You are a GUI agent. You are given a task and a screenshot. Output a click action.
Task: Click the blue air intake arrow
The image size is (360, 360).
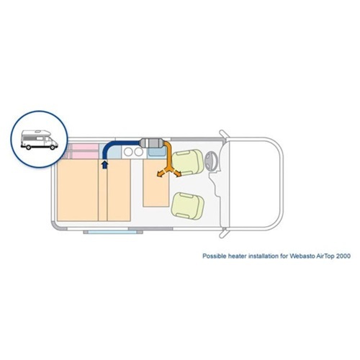tap(104, 165)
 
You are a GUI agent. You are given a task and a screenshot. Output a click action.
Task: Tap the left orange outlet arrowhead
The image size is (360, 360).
tap(159, 175)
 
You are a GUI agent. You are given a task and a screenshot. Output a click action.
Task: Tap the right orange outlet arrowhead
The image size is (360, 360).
tap(178, 174)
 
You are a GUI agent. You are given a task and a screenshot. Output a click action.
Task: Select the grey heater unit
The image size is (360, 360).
tap(151, 143)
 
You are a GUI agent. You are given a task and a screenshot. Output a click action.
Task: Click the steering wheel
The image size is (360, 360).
tap(211, 161)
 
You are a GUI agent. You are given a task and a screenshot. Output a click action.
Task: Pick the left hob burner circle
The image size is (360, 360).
tap(129, 152)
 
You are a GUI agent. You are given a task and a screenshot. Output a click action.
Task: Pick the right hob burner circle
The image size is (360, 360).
tap(138, 152)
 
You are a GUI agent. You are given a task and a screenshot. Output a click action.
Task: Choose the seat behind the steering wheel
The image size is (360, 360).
tap(187, 162)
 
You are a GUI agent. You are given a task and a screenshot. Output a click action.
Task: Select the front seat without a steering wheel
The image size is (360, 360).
tap(187, 206)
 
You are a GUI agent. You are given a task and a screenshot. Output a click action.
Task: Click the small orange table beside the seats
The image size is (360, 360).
tap(156, 183)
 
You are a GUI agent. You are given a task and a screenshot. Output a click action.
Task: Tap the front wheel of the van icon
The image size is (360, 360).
tap(53, 148)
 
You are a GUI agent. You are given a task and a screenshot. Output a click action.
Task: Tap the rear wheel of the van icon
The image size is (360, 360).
tap(29, 148)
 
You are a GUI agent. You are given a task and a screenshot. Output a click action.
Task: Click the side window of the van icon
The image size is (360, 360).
tap(40, 138)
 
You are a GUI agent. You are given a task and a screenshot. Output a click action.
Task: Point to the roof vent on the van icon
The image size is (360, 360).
tap(38, 132)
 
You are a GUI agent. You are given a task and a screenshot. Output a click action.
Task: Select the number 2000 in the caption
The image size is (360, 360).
tap(343, 256)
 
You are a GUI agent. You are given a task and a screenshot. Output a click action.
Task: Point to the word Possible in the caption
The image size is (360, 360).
tap(215, 256)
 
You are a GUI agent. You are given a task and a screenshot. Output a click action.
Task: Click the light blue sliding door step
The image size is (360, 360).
tap(112, 232)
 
